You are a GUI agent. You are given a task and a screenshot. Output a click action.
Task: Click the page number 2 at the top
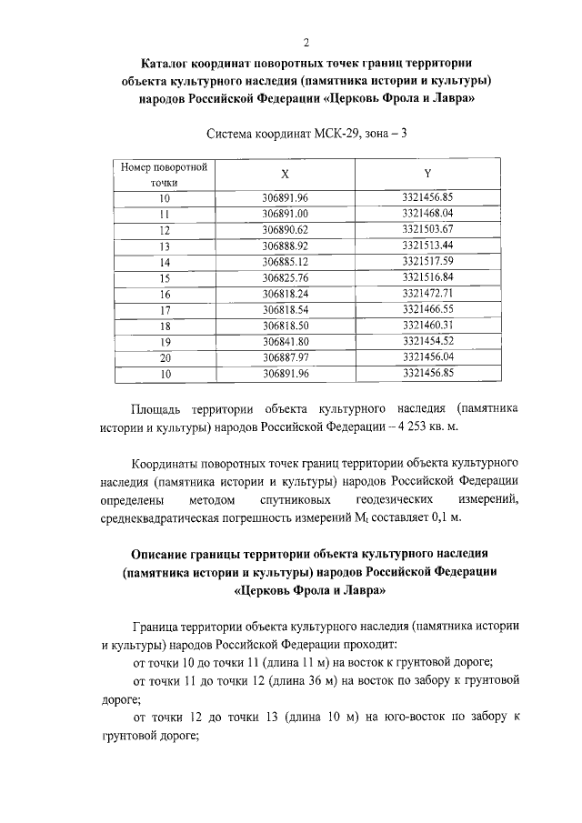pos(306,42)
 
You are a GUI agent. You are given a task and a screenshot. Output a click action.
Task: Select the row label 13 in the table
pos(165,246)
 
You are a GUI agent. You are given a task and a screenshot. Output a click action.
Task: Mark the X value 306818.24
pos(286,294)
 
